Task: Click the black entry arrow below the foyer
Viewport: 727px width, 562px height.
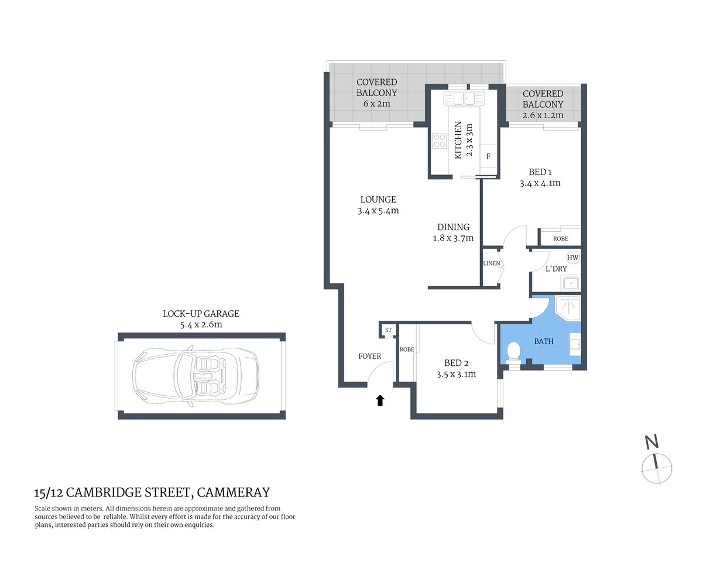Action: click(x=380, y=400)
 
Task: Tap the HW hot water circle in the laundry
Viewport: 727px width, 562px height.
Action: click(x=572, y=258)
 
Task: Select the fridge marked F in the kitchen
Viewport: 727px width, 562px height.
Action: click(x=488, y=156)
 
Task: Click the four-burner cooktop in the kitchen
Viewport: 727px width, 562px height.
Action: click(x=439, y=140)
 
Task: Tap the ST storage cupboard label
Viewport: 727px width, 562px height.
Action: click(x=388, y=331)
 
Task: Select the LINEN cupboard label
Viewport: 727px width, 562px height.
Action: click(x=492, y=263)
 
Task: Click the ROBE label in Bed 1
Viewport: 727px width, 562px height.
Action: click(x=560, y=238)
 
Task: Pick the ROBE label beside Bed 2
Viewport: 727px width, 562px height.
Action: click(x=407, y=349)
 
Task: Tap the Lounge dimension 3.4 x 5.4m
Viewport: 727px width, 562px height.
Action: click(x=378, y=211)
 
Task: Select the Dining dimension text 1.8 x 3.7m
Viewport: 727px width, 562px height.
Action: click(x=453, y=238)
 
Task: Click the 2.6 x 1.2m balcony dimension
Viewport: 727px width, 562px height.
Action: click(x=543, y=115)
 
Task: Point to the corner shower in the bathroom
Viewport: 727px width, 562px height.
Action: click(x=567, y=307)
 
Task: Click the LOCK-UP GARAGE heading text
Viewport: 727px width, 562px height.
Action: click(x=201, y=314)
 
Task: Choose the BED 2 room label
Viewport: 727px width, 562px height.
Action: click(x=456, y=363)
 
